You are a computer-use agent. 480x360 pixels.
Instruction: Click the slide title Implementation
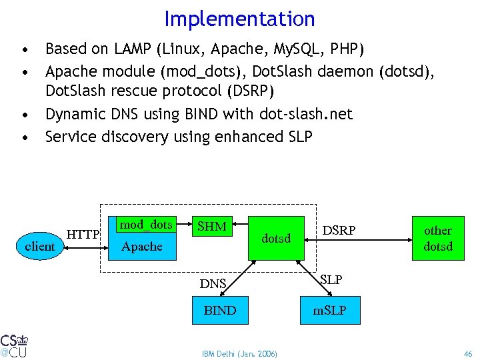click(239, 19)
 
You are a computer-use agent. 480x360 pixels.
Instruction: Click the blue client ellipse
click(40, 246)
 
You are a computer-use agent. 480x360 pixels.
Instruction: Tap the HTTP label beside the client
click(83, 234)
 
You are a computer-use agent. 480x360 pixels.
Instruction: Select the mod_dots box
click(146, 225)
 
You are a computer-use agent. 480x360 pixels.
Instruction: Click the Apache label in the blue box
click(142, 247)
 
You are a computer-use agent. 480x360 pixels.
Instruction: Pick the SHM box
click(212, 227)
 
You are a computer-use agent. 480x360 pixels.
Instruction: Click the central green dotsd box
click(276, 238)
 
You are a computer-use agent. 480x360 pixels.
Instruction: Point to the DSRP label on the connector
click(339, 230)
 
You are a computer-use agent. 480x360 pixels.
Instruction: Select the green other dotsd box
click(438, 238)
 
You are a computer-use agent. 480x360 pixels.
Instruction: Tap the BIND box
click(219, 310)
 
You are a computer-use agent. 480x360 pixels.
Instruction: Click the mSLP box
click(331, 310)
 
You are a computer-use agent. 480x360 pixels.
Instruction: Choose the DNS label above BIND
click(214, 284)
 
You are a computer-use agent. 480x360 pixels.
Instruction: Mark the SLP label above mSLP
click(331, 280)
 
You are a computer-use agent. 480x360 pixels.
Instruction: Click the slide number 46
click(468, 353)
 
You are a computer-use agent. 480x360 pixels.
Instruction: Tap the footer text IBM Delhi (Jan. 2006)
click(239, 353)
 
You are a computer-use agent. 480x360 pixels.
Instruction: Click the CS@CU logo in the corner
click(14, 345)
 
